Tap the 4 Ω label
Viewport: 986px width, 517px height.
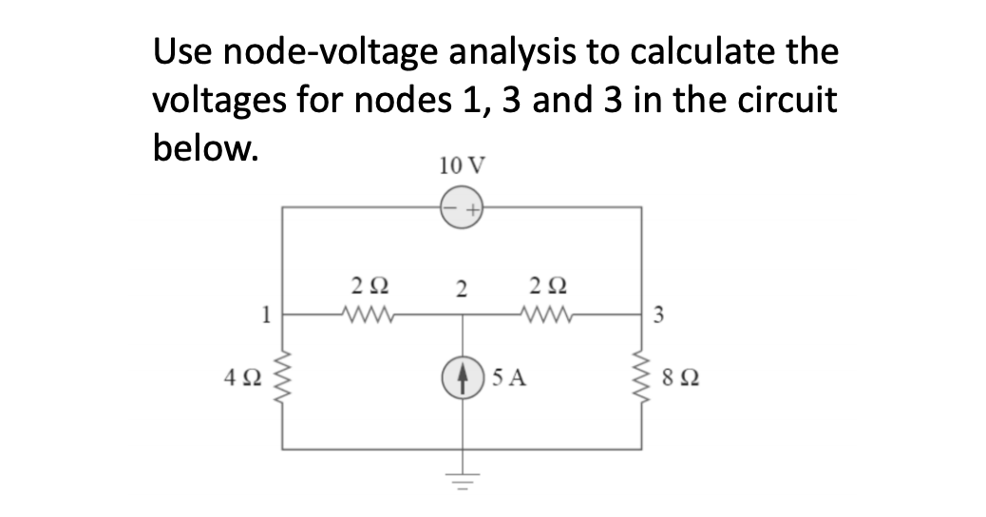[252, 381]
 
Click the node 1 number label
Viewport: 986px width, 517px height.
[270, 312]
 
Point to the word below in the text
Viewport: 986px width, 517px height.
[204, 149]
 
